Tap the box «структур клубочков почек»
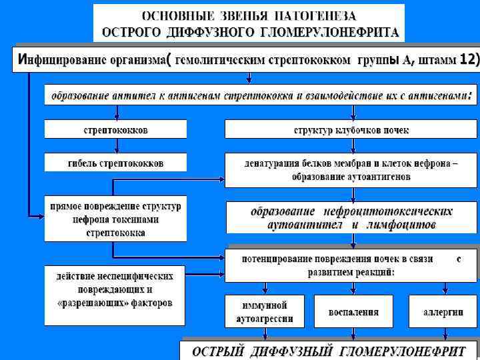(351, 129)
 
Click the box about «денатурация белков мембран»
(351, 169)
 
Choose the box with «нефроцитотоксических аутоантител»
(351, 219)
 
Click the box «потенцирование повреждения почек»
(351, 265)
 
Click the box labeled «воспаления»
(353, 312)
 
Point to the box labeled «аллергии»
(443, 312)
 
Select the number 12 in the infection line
(469, 59)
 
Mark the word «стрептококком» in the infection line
(311, 59)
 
